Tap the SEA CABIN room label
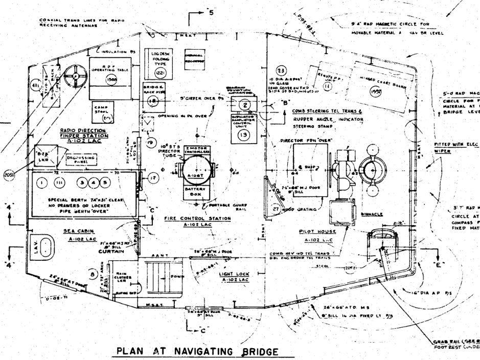point(76,231)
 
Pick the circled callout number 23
point(281,70)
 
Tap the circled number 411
point(35,85)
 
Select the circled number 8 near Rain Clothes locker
point(93,275)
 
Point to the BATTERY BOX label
point(193,192)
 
